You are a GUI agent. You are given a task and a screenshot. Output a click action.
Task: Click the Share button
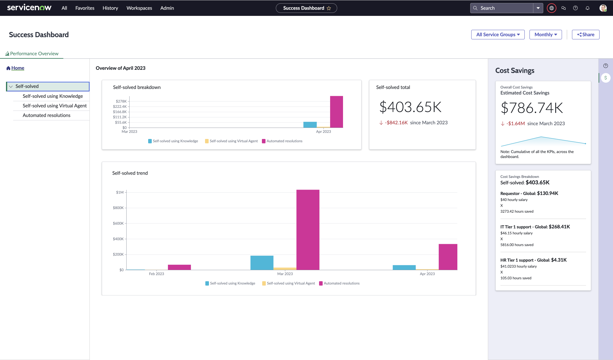[x=585, y=34]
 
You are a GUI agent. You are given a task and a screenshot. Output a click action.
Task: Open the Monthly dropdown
[x=545, y=34]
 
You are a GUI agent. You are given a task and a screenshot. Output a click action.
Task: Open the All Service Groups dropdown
[x=498, y=34]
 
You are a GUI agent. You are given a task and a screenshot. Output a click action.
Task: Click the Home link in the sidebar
[x=18, y=68]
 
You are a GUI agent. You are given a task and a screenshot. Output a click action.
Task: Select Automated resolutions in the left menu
[x=46, y=115]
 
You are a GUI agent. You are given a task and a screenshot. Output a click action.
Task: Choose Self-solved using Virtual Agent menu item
[x=54, y=106]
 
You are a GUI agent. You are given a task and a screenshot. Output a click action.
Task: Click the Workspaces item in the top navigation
[x=139, y=8]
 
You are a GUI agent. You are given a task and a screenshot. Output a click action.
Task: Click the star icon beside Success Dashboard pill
[x=329, y=8]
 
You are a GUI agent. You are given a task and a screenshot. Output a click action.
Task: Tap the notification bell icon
[x=588, y=8]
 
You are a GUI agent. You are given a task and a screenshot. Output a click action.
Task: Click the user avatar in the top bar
[x=603, y=8]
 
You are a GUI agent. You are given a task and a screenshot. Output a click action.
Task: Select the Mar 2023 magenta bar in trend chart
[x=308, y=230]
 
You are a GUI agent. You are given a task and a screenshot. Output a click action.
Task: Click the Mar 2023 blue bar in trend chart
[x=262, y=263]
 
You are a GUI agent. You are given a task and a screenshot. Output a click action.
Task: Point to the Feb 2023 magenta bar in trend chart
[x=179, y=267]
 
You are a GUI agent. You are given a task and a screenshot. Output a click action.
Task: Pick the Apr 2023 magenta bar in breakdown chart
[x=336, y=112]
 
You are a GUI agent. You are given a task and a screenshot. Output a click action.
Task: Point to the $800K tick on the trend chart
[x=118, y=208]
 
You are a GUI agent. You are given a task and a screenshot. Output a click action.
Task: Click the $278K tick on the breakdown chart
[x=121, y=101]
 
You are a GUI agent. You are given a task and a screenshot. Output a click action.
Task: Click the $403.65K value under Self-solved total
[x=410, y=107]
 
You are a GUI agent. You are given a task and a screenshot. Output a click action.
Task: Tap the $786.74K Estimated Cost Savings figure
[x=532, y=108]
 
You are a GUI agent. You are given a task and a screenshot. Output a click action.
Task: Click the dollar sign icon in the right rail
[x=606, y=78]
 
